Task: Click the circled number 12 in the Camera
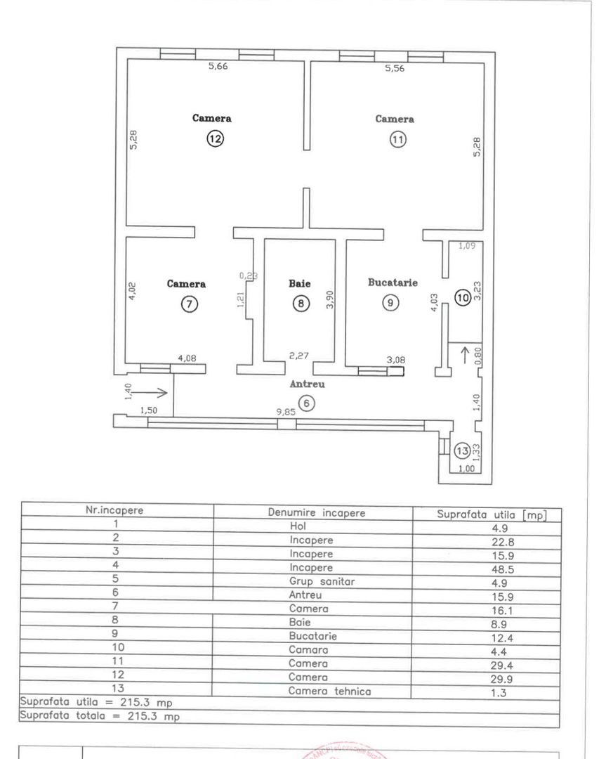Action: tap(214, 139)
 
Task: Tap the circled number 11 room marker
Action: tap(398, 139)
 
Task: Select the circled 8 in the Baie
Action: tap(300, 304)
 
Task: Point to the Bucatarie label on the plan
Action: tap(393, 283)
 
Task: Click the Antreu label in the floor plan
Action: tap(307, 384)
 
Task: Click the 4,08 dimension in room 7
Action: tap(187, 358)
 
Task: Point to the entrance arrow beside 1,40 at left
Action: tap(149, 392)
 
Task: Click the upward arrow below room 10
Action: tap(464, 353)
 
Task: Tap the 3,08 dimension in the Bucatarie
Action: tap(397, 361)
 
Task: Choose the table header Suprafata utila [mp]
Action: tap(491, 513)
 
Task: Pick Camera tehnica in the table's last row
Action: tap(329, 691)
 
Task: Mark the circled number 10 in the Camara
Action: tap(461, 297)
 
